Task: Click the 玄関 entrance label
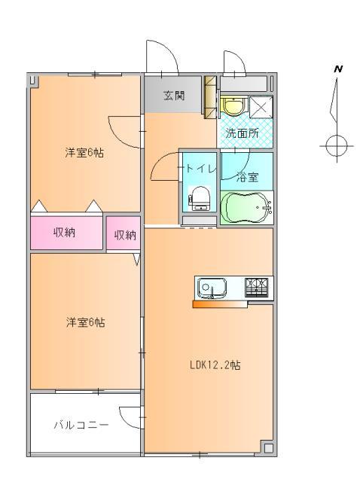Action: click(x=174, y=96)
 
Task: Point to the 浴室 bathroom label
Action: click(x=248, y=178)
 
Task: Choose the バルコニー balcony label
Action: click(x=81, y=425)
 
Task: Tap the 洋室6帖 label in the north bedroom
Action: click(x=84, y=153)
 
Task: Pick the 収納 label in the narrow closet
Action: click(x=124, y=235)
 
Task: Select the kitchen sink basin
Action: click(x=211, y=287)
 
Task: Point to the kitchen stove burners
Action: click(x=259, y=286)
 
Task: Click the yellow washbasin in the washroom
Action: click(x=233, y=107)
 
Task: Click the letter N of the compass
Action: click(x=338, y=70)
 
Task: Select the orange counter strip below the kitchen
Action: click(x=231, y=304)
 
